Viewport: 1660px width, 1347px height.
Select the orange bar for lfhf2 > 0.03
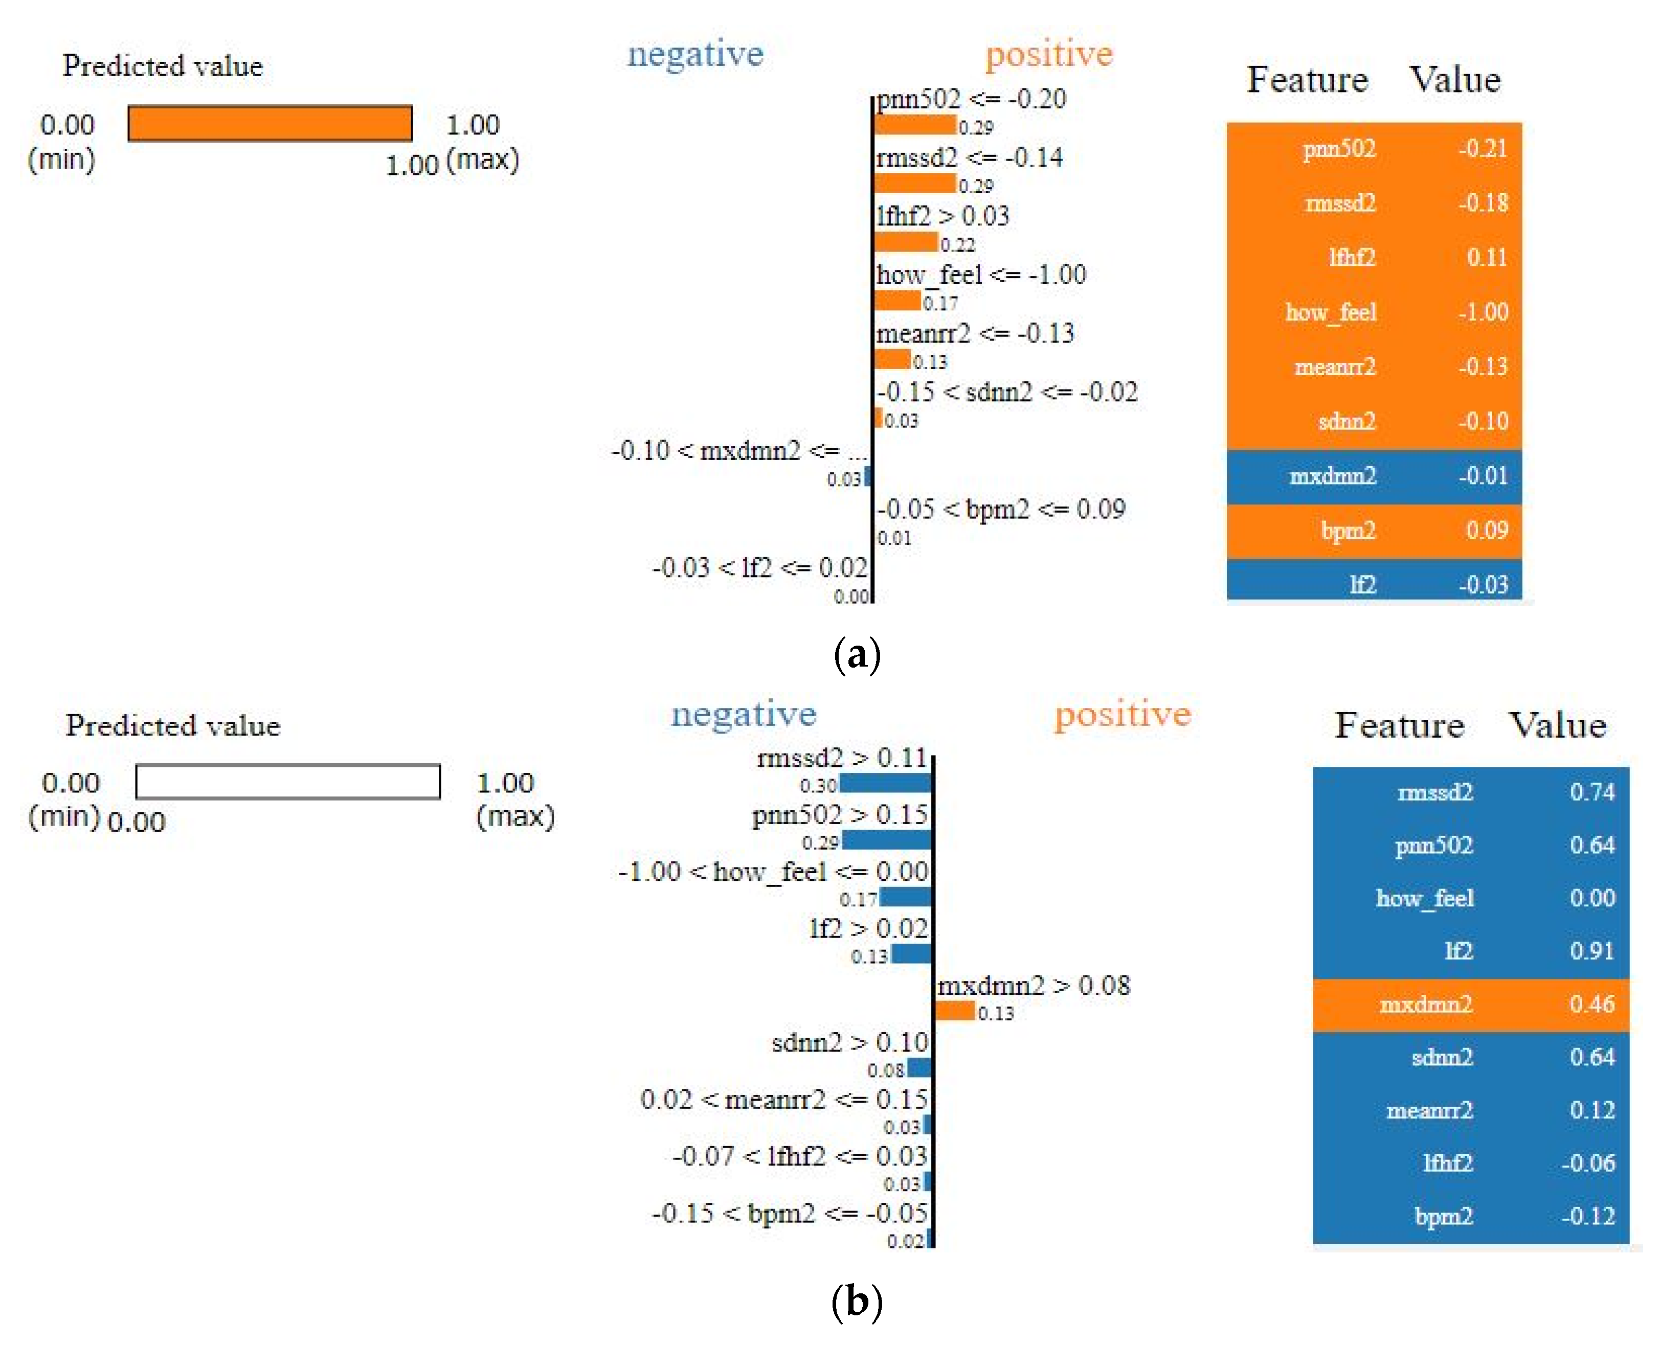[906, 243]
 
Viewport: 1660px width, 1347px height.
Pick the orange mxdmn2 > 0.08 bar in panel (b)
[955, 1011]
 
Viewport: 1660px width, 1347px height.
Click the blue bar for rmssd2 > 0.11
[886, 784]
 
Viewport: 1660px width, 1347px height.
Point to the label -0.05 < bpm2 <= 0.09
[1000, 510]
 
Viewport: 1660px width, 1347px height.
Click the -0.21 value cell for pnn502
[1482, 148]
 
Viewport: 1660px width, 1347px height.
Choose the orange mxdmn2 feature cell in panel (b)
[1426, 1004]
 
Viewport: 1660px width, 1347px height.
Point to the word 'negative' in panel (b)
[744, 714]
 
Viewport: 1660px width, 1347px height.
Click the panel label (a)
[857, 655]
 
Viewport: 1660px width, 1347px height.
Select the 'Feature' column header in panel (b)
[1399, 725]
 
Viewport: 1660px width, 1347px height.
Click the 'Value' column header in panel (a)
[1455, 79]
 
